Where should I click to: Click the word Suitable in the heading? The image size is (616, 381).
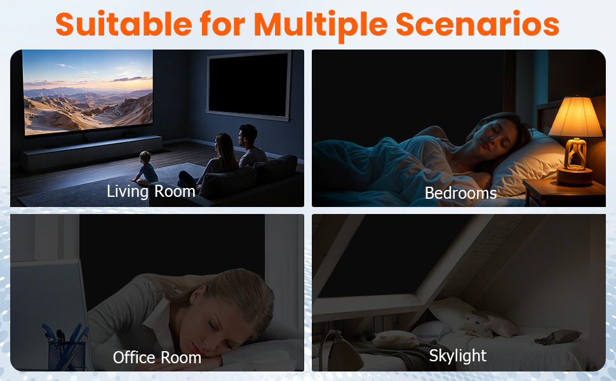click(x=123, y=24)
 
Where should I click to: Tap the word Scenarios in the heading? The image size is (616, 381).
click(x=478, y=24)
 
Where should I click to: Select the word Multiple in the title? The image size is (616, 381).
click(x=321, y=26)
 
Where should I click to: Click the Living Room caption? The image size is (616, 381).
click(x=151, y=192)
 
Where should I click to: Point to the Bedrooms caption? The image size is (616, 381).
click(x=461, y=193)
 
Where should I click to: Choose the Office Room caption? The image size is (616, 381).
click(x=157, y=358)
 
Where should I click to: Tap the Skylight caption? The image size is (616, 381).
click(x=458, y=356)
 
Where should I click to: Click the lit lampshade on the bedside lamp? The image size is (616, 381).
click(x=575, y=117)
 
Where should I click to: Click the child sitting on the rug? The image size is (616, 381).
click(x=146, y=168)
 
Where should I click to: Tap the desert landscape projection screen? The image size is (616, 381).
click(x=88, y=92)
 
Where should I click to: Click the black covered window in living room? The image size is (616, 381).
click(x=249, y=85)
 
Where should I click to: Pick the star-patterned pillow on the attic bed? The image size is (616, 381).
click(x=476, y=324)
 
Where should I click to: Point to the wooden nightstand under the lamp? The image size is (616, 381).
click(x=564, y=192)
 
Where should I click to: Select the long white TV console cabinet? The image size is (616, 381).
click(x=91, y=152)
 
